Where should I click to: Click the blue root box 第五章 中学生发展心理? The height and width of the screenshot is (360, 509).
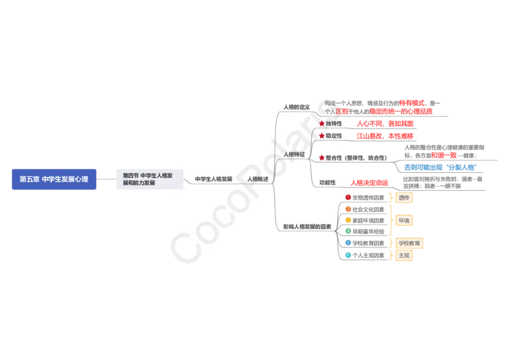pyautogui.click(x=53, y=179)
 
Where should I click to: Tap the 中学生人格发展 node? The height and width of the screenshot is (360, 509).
pyautogui.click(x=213, y=179)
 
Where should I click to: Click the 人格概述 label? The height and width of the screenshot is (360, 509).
pyautogui.click(x=258, y=179)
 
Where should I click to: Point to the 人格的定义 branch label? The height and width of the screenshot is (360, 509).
pyautogui.click(x=296, y=107)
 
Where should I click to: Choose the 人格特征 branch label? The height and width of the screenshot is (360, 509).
pyautogui.click(x=294, y=154)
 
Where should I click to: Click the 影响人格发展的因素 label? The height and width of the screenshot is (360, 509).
pyautogui.click(x=307, y=226)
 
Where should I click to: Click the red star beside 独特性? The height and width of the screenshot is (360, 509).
pyautogui.click(x=322, y=123)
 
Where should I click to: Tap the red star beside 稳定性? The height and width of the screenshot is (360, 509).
pyautogui.click(x=322, y=135)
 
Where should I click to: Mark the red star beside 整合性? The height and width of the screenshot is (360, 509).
pyautogui.click(x=322, y=158)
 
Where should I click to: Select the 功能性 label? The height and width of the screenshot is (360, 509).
pyautogui.click(x=327, y=183)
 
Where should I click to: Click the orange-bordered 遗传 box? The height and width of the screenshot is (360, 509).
pyautogui.click(x=403, y=198)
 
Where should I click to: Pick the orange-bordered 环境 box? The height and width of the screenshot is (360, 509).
pyautogui.click(x=403, y=221)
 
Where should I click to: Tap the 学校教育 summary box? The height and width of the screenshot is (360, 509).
pyautogui.click(x=409, y=243)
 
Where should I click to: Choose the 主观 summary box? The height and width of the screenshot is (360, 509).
pyautogui.click(x=403, y=255)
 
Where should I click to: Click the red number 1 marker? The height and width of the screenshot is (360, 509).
pyautogui.click(x=348, y=197)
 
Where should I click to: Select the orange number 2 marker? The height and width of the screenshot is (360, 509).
pyautogui.click(x=348, y=209)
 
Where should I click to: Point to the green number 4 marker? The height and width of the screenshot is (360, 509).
pyautogui.click(x=348, y=231)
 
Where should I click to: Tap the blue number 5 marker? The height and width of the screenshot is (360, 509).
pyautogui.click(x=348, y=243)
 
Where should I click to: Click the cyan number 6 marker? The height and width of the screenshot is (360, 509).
pyautogui.click(x=348, y=255)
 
